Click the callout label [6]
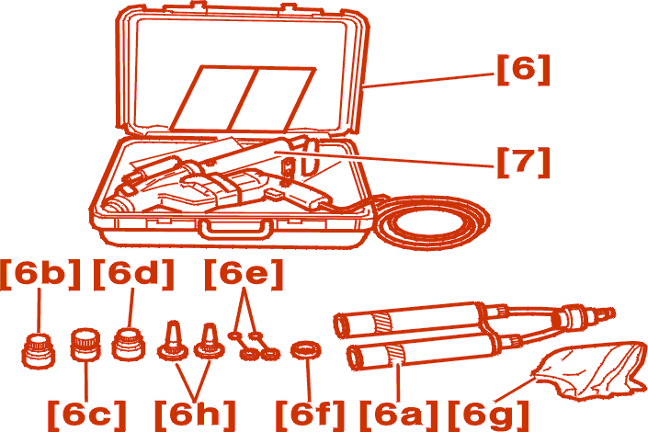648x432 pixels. pyautogui.click(x=523, y=69)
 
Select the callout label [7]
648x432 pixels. pyautogui.click(x=523, y=162)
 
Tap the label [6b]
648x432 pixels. pyautogui.click(x=40, y=275)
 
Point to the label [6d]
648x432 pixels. pyautogui.click(x=133, y=275)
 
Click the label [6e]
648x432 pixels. pyautogui.click(x=244, y=275)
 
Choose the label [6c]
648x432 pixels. pyautogui.click(x=86, y=415)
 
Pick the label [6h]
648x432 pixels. pyautogui.click(x=195, y=415)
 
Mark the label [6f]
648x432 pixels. pyautogui.click(x=310, y=415)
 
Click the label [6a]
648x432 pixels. pyautogui.click(x=398, y=415)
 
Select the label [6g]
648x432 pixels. pyautogui.click(x=488, y=415)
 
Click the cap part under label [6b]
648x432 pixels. pyautogui.click(x=38, y=351)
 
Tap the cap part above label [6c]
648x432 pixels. pyautogui.click(x=86, y=345)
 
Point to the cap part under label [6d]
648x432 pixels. pyautogui.click(x=129, y=344)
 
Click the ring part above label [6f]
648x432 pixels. pyautogui.click(x=306, y=350)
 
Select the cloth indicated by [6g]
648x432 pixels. pyautogui.click(x=591, y=370)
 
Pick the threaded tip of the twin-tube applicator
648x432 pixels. pyautogui.click(x=605, y=314)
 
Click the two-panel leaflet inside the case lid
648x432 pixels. pyautogui.click(x=243, y=98)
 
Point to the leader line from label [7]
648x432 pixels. pyautogui.click(x=384, y=160)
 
